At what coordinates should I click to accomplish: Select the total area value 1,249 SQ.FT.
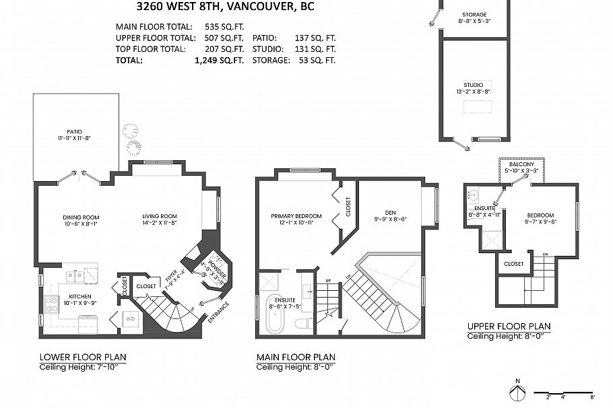coord(219,61)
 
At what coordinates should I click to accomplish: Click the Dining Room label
coord(81,217)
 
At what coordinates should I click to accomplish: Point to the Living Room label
coord(159,217)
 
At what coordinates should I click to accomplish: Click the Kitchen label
coord(79,296)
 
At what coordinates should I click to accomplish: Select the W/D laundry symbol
coord(131,319)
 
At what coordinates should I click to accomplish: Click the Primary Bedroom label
coord(296,217)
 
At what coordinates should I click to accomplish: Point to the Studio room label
coord(473,86)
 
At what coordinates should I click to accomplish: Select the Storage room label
coord(474,15)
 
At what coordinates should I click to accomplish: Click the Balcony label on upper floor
coord(522,165)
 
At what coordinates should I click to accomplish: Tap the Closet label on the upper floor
coord(513,264)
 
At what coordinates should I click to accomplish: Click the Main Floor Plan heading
coord(296,357)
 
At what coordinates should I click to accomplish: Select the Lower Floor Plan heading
coord(82,357)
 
